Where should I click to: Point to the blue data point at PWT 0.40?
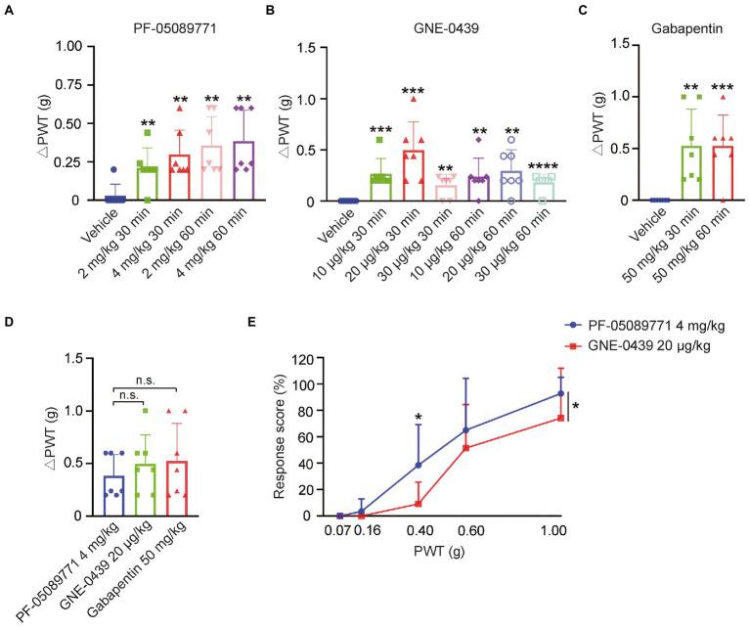419,466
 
